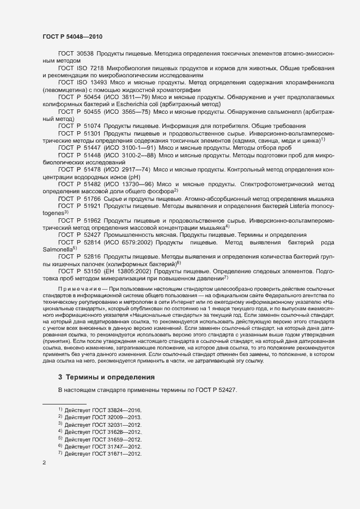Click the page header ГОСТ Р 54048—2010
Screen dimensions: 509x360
[x=72, y=36]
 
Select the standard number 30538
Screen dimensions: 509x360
[x=84, y=54]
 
